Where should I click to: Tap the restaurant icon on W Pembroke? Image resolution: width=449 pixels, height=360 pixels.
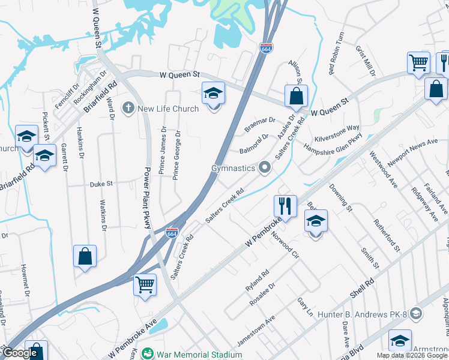tap(286, 206)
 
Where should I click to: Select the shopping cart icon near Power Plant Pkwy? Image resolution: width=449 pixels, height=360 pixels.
tap(145, 284)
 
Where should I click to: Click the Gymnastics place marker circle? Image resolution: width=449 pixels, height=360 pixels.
tap(265, 168)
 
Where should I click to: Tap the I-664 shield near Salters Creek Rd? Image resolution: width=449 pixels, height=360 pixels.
tap(171, 233)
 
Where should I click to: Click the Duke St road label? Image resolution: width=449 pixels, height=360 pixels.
tap(101, 184)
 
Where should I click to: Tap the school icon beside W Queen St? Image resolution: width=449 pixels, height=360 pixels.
tap(212, 93)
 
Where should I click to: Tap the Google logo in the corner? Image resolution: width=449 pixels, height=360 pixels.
tap(21, 353)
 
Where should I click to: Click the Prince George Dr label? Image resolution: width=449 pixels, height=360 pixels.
tap(176, 154)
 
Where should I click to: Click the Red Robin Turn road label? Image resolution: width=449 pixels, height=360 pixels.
tap(336, 53)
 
